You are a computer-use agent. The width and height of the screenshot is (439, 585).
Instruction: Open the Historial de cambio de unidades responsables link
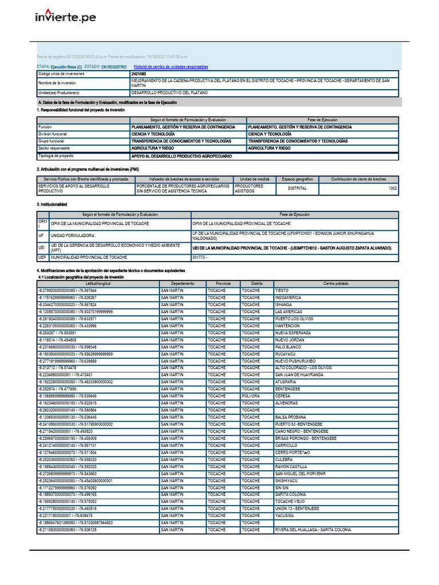point(170,67)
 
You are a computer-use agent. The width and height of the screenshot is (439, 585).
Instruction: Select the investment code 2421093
point(138,74)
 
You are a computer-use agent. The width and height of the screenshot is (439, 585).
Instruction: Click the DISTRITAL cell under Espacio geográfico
point(297,188)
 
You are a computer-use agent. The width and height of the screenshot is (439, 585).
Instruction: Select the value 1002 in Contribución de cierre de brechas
point(392,188)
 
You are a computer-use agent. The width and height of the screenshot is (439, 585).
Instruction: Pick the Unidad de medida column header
point(254,179)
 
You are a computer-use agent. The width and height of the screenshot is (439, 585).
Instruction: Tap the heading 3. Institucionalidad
point(52,204)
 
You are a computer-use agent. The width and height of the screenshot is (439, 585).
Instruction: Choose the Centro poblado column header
point(336,283)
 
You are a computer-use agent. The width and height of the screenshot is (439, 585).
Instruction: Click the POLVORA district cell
point(250,395)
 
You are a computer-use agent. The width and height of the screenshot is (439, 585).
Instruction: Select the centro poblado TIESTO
point(281,290)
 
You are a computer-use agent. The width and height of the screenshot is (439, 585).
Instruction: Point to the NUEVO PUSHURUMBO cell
point(296,360)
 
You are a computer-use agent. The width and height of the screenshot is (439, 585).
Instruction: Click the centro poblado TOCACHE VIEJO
point(291,501)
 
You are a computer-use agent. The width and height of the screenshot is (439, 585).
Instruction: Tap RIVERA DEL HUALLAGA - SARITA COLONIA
point(313,530)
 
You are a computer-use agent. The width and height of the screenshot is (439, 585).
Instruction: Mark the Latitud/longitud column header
point(98,283)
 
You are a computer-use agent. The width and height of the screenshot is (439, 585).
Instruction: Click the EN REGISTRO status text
point(114,67)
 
